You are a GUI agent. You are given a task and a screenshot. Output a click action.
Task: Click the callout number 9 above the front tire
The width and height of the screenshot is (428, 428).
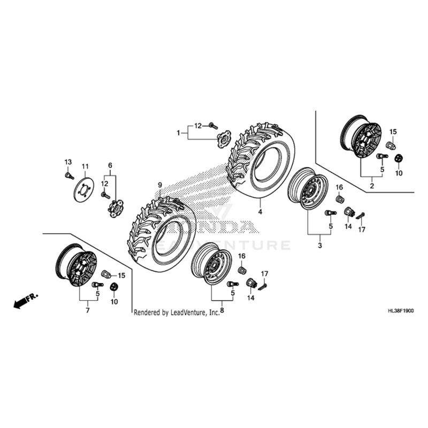click(159, 185)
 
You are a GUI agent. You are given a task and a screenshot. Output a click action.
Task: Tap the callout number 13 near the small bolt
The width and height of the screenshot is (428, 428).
click(68, 162)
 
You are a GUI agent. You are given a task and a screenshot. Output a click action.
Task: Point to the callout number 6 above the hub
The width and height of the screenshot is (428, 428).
click(110, 165)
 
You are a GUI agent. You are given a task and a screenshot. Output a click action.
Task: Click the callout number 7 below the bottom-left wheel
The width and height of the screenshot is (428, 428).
click(87, 310)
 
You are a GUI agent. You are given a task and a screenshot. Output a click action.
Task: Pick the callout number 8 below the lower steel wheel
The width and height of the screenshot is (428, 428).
click(221, 310)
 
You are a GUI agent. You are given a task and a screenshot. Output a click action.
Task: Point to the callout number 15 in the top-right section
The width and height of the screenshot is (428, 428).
click(393, 132)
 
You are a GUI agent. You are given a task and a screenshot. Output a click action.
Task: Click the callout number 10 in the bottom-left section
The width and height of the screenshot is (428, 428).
click(113, 302)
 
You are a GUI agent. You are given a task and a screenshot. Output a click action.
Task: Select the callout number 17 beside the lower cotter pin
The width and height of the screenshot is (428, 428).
click(264, 274)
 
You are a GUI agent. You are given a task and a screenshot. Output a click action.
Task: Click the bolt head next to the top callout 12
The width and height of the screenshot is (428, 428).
click(212, 126)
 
